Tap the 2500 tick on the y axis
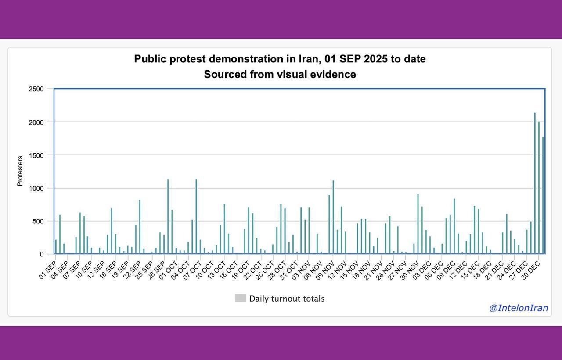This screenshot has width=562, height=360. click(36, 89)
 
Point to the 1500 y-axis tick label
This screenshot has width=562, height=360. click(36, 155)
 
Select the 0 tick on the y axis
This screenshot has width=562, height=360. click(42, 254)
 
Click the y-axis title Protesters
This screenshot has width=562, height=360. click(20, 171)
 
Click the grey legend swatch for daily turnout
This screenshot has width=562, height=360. click(240, 299)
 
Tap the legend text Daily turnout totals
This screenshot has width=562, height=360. click(287, 299)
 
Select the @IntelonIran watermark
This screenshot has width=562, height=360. click(519, 308)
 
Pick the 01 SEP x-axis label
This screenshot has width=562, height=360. click(47, 270)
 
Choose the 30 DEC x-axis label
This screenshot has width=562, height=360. click(530, 270)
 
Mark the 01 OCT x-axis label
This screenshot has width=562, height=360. click(168, 270)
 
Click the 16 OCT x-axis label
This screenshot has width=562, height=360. click(228, 270)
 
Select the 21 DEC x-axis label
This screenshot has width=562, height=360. click(494, 270)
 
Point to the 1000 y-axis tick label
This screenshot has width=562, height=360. click(36, 188)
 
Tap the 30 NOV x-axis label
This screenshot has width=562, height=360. click(410, 270)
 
